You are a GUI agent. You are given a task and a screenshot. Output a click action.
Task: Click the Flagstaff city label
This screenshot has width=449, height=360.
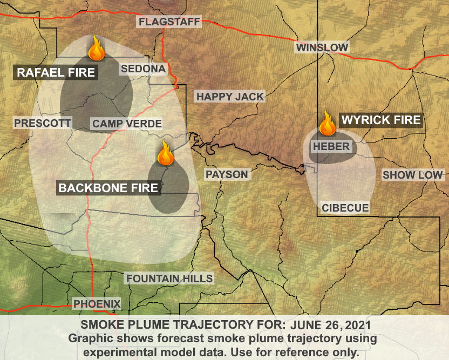point(169,22)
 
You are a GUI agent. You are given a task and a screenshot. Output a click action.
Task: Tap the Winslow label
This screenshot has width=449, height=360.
point(322,47)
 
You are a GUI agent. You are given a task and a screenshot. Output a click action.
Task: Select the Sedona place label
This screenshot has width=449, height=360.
point(143,69)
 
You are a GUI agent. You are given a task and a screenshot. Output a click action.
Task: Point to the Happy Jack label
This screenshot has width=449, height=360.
point(230,97)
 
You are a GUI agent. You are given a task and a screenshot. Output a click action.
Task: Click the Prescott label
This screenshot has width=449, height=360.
point(43,123)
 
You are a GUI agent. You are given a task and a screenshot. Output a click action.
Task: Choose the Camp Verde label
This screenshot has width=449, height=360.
point(127,124)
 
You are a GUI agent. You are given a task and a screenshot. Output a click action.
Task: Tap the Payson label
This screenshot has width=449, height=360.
point(226,174)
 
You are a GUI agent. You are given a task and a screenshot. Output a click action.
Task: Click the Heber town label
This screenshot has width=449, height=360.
point(331,146)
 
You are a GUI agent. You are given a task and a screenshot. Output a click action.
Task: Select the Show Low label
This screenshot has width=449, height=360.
point(412,175)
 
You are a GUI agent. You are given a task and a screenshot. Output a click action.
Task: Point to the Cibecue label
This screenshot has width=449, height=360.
point(345,208)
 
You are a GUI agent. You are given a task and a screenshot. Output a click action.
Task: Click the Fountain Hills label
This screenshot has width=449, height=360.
point(169,279)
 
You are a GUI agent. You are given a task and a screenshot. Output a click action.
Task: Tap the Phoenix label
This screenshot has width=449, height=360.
point(97,303)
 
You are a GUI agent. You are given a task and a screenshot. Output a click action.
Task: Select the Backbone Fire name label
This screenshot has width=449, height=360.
point(108,188)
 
